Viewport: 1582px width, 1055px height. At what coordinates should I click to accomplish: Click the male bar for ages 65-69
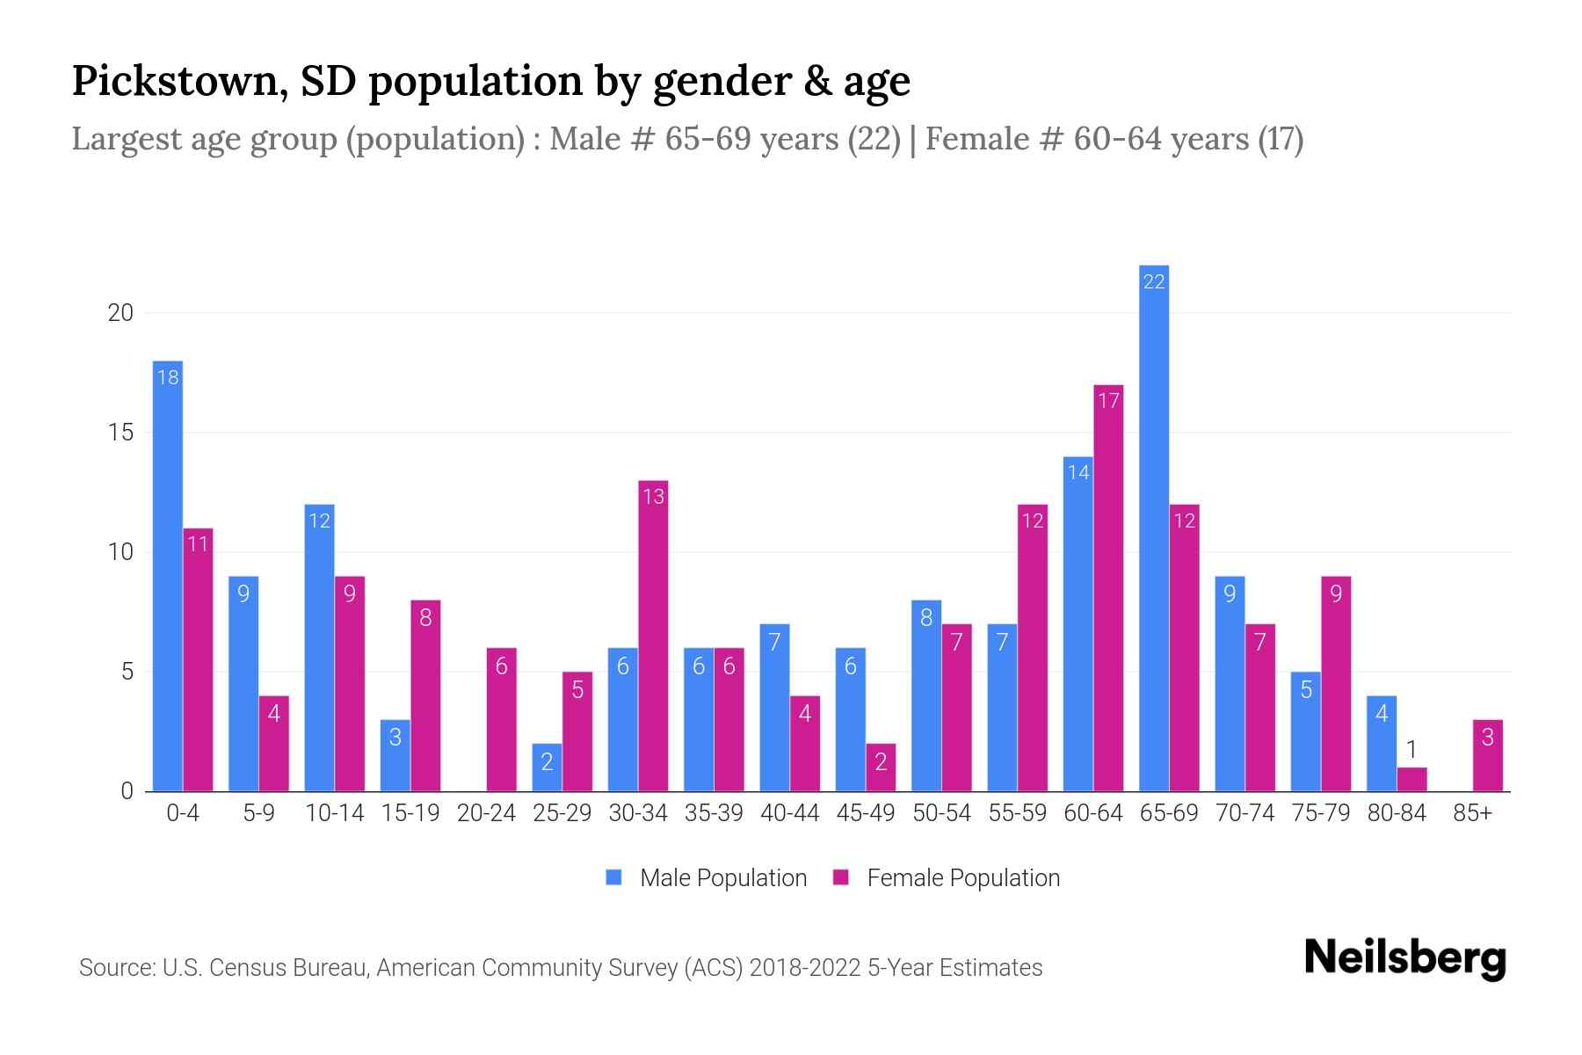1153,527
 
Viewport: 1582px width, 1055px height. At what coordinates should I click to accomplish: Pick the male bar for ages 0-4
168,576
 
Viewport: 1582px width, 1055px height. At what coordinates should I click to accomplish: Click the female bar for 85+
1487,755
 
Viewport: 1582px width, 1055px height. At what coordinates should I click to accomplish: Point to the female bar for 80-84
1411,779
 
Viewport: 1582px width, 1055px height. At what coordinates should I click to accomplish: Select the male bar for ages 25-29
547,768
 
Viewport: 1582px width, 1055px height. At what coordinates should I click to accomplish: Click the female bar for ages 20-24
501,719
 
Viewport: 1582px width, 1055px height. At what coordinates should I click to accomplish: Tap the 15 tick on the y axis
120,433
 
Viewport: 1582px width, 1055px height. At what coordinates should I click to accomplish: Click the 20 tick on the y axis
120,313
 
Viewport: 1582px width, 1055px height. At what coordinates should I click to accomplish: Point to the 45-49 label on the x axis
865,813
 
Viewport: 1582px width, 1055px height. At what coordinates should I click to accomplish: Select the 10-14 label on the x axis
334,813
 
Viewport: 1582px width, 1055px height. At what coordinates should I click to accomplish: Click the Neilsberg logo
1404,958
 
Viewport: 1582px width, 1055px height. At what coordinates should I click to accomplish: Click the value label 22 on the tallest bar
1153,281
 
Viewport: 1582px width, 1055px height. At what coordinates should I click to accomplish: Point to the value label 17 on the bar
1108,401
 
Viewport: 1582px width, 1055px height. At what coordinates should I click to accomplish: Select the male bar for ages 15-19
395,755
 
